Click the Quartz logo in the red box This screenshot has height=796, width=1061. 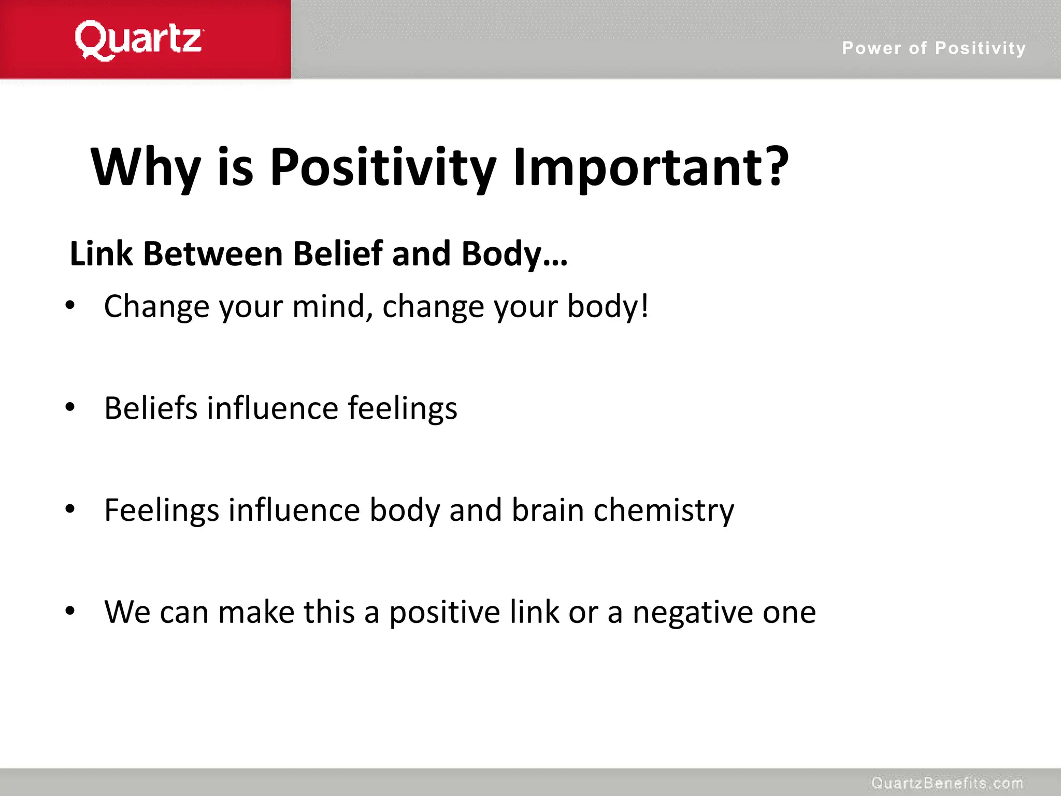138,40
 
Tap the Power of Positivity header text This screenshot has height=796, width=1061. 934,48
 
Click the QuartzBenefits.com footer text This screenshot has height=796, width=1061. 947,783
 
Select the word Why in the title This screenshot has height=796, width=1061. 146,167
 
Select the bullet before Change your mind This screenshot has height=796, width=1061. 70,306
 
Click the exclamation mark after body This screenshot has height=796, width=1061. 644,306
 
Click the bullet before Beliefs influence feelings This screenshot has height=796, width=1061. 70,407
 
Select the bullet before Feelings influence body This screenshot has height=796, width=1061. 70,509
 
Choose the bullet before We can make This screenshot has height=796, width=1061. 70,611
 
